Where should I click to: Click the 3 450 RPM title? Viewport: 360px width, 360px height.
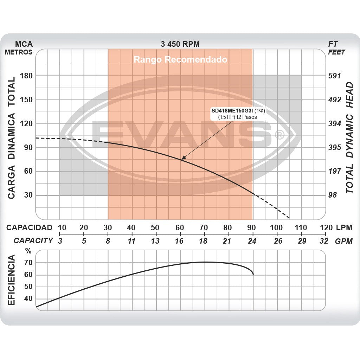[180, 44]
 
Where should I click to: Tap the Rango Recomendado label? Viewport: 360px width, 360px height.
[180, 59]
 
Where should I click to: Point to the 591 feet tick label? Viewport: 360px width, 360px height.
[334, 76]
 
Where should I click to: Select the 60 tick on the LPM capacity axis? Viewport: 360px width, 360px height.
[180, 227]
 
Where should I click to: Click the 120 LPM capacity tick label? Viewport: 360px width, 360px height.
[326, 227]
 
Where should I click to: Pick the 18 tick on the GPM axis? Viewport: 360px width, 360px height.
[204, 241]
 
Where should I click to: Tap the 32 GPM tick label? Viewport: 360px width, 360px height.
[324, 241]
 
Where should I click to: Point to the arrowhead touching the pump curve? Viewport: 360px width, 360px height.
[182, 159]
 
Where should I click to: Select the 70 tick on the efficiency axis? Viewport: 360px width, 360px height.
[28, 263]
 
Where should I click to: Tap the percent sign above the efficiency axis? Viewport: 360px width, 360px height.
[28, 251]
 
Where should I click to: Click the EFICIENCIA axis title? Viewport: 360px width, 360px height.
[11, 280]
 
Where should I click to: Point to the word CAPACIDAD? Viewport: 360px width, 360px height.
[29, 227]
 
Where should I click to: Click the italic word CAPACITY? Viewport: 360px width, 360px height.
[33, 241]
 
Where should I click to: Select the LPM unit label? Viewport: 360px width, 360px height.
[343, 227]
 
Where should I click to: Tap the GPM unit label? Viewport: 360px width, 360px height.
[343, 241]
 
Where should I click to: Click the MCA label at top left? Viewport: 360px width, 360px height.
[24, 44]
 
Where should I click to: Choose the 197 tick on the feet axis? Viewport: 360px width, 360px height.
[334, 171]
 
